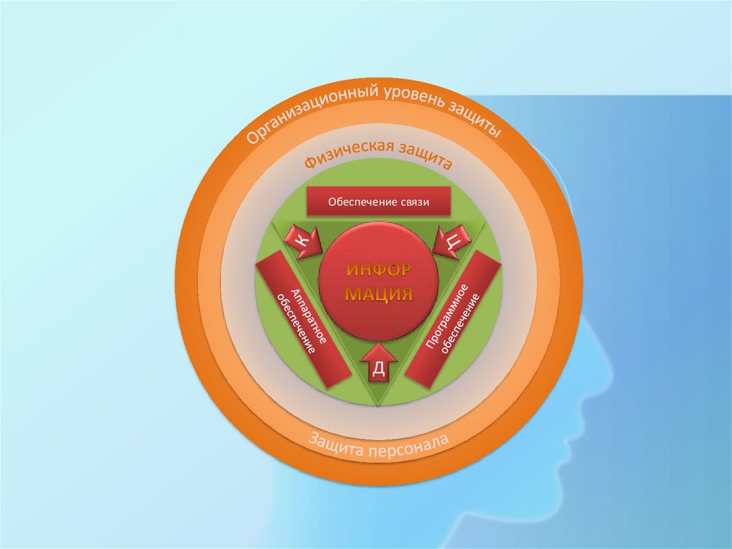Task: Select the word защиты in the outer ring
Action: pos(475,118)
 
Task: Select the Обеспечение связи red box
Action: pos(378,203)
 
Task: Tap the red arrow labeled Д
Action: pos(379,364)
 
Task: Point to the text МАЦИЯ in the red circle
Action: pos(379,294)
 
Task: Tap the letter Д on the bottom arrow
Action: pos(379,369)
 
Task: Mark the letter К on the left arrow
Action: pos(300,242)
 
